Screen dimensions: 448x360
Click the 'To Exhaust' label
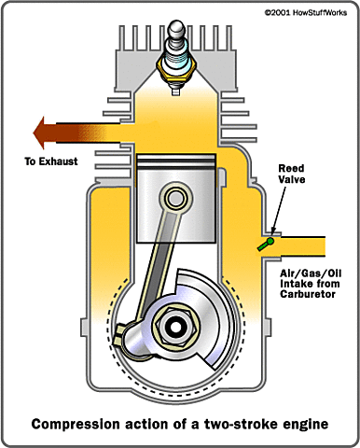50,161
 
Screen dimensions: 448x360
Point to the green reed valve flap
267,244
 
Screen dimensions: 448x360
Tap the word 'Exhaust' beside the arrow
62,161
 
